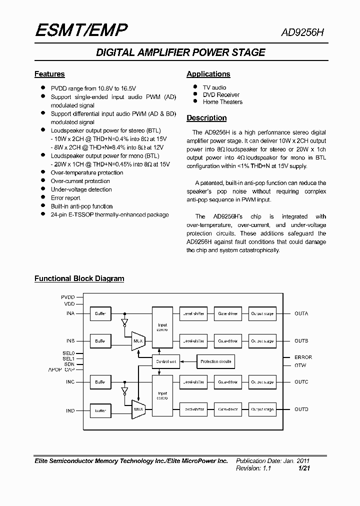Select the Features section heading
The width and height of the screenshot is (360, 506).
click(49, 74)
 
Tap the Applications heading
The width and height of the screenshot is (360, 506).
click(208, 74)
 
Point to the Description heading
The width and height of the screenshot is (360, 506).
click(206, 118)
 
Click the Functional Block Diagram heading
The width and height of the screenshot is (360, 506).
click(79, 278)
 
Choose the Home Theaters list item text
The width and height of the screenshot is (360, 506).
click(222, 102)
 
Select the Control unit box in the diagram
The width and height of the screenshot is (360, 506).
click(165, 361)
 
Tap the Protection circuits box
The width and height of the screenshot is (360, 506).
click(215, 361)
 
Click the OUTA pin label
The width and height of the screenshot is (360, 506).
click(301, 313)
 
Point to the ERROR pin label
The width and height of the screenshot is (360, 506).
click(303, 357)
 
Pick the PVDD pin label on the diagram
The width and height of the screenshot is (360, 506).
click(68, 297)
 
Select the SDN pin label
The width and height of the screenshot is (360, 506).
click(69, 364)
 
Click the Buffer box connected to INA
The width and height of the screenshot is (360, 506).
click(100, 313)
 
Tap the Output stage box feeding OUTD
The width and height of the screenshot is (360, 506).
click(262, 409)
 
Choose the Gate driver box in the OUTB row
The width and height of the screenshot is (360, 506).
click(228, 341)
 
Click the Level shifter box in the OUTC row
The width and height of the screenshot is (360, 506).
click(194, 382)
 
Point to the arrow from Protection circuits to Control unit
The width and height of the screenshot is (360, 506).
click(186, 361)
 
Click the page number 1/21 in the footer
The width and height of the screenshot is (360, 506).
click(304, 468)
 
